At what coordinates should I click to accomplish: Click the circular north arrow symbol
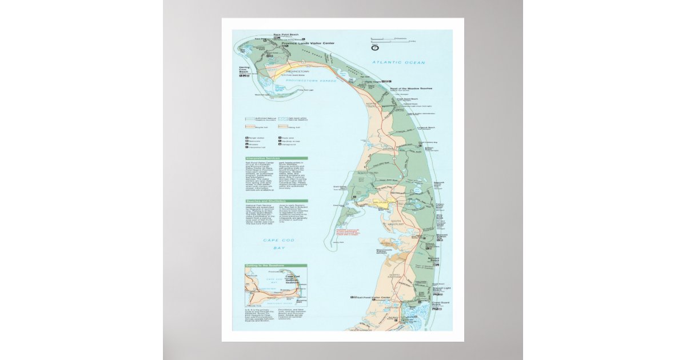(x=376, y=47)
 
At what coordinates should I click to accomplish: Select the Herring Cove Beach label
(x=245, y=71)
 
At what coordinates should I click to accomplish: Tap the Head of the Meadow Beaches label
(x=411, y=89)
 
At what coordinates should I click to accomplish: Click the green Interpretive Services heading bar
(x=276, y=158)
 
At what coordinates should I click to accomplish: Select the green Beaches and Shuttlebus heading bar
(x=276, y=201)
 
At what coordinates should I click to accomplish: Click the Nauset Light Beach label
(x=441, y=289)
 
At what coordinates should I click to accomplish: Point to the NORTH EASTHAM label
(x=395, y=277)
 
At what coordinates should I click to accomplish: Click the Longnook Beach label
(x=427, y=128)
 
